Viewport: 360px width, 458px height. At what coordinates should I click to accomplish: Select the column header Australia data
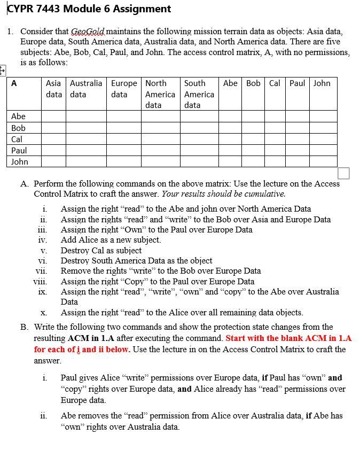85,89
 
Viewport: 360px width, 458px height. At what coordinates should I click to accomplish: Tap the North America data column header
160,94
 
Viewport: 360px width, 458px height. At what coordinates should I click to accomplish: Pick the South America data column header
199,94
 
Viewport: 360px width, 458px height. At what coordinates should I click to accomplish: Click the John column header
322,83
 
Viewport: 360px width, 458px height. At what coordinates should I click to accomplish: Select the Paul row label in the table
19,150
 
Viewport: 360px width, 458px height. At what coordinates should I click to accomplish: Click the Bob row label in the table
19,128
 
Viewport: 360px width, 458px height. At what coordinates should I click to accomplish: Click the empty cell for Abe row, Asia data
54,116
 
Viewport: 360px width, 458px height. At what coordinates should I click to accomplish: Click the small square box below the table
344,173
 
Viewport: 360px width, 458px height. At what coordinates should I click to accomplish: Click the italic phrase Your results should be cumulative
223,194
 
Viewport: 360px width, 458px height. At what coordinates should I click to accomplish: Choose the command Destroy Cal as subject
101,251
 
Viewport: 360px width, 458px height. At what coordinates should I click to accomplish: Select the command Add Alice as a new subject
111,240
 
